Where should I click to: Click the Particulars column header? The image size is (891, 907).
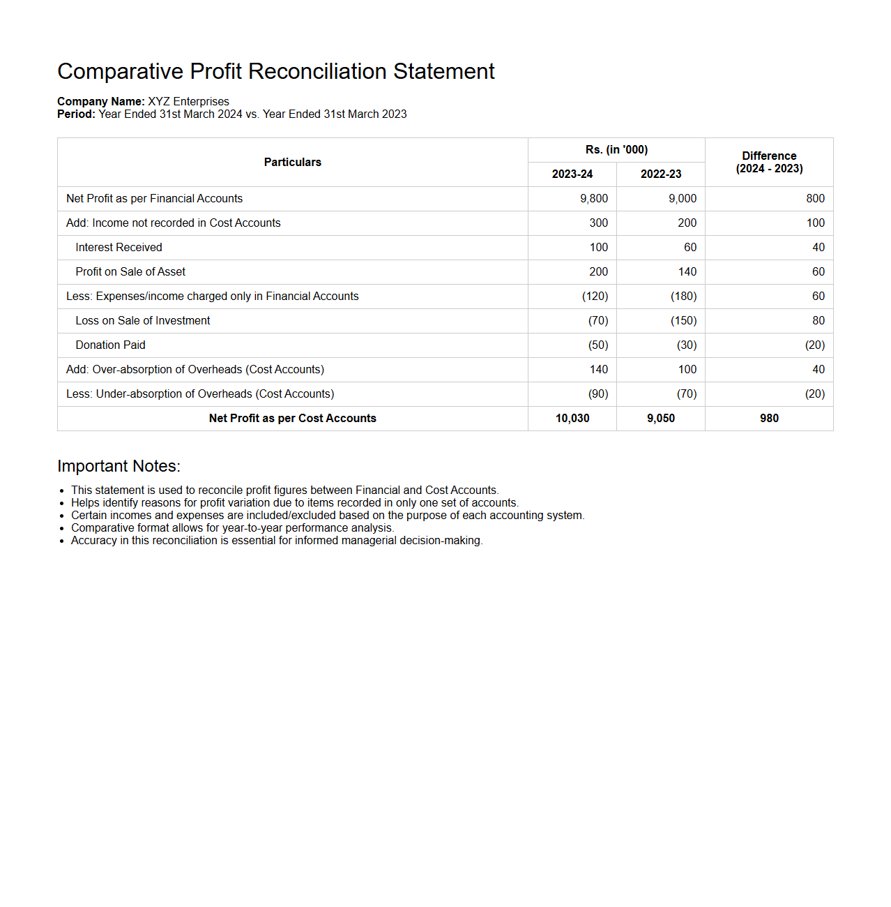(x=293, y=162)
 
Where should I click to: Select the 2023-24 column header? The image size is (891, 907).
(x=572, y=174)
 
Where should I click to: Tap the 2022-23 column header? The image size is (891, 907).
(x=661, y=174)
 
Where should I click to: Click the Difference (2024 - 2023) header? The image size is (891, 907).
(x=769, y=162)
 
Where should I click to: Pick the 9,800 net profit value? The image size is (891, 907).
(x=594, y=198)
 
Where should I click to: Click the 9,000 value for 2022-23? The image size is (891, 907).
(x=683, y=198)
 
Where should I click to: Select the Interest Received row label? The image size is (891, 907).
(x=119, y=247)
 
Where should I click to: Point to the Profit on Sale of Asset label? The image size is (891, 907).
(x=130, y=271)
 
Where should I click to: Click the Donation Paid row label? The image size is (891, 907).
(x=110, y=345)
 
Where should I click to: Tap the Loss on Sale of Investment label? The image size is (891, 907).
(x=143, y=320)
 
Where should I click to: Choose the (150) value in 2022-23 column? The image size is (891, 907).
(x=683, y=320)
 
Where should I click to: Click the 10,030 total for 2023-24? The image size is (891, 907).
(x=572, y=418)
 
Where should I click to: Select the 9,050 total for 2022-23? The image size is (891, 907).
(x=661, y=418)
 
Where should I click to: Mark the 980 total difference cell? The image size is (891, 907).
(x=769, y=418)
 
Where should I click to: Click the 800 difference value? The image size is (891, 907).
(x=815, y=198)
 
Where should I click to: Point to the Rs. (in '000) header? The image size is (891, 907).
(x=616, y=149)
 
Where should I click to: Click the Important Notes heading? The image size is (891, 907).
(x=119, y=466)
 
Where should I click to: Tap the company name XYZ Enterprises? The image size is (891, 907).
(x=188, y=101)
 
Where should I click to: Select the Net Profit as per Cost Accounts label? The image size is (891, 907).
(x=293, y=418)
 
